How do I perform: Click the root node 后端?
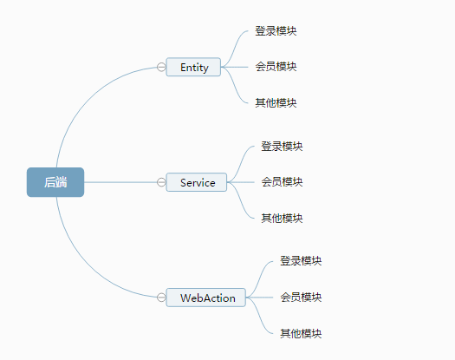click(x=55, y=182)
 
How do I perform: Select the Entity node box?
click(x=193, y=67)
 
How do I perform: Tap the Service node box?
click(x=197, y=182)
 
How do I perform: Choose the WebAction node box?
click(x=206, y=298)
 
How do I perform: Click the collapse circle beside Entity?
click(x=161, y=67)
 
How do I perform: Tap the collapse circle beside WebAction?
click(x=161, y=298)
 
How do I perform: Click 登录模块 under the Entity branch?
click(x=276, y=31)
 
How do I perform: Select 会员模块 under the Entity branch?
click(x=276, y=67)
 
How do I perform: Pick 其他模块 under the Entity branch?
click(x=276, y=103)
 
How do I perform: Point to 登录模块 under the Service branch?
click(x=282, y=147)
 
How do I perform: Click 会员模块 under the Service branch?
click(x=282, y=182)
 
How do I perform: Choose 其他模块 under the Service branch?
click(x=282, y=218)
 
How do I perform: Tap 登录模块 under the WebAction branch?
click(x=301, y=261)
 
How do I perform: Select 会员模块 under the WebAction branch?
click(x=301, y=298)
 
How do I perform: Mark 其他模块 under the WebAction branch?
click(x=301, y=333)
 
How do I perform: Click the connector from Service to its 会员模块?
click(x=243, y=182)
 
